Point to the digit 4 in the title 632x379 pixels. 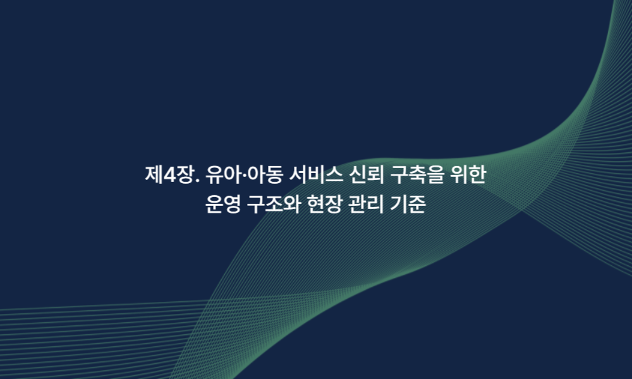169,175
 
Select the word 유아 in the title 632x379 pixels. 223,174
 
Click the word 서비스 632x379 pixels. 316,174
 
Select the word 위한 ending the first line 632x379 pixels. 468,174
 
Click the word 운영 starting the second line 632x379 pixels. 223,204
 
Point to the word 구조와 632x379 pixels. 274,204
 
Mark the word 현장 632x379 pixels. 324,204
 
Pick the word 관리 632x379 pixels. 367,204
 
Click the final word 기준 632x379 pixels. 408,204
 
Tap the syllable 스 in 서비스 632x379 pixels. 334,175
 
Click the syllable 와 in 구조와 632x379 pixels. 291,204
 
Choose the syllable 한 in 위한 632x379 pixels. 477,175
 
